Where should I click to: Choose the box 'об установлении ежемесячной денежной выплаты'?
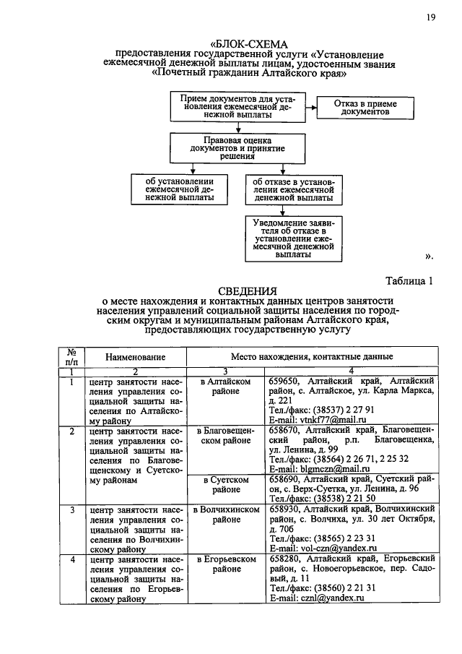pos(178,189)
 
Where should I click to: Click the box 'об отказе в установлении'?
pos(293,189)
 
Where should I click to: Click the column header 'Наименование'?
pos(135,357)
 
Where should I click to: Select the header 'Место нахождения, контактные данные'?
pos(312,357)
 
